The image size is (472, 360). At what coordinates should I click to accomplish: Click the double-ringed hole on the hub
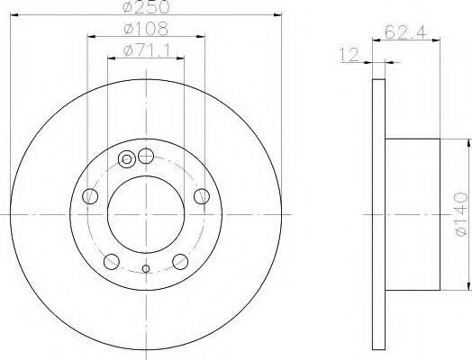127,160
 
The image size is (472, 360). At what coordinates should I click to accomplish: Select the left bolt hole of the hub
89,197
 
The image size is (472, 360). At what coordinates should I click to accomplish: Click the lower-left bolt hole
112,262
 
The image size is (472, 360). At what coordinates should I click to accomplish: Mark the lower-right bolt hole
180,262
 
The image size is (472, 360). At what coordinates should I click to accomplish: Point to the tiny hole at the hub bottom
146,268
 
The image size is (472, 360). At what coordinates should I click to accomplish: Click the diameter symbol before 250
131,8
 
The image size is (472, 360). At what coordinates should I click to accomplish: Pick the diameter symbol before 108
131,29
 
